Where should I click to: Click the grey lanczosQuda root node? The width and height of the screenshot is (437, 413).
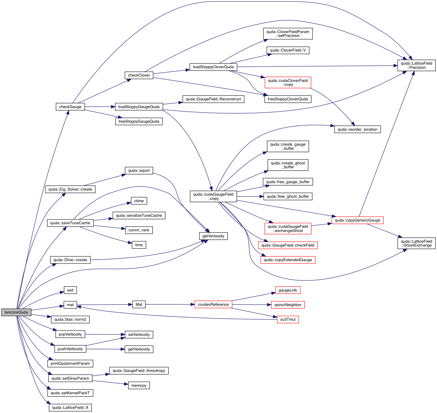tap(16, 312)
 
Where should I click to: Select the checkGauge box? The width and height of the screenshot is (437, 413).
tap(70, 107)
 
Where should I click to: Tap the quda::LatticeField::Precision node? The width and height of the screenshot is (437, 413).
tap(416, 66)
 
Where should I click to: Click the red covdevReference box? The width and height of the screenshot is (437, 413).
tap(213, 305)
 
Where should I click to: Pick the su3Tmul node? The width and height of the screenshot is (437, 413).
tap(288, 320)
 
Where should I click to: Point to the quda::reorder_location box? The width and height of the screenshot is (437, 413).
tap(357, 130)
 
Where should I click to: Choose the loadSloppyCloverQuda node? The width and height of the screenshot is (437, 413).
tap(213, 67)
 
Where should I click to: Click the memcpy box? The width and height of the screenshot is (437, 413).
tap(139, 386)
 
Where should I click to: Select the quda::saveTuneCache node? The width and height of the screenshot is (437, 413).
tap(70, 223)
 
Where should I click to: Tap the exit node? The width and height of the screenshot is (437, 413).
tap(70, 290)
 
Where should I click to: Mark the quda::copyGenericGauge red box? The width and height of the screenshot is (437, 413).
tap(357, 220)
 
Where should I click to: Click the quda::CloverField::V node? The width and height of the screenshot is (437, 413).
tap(288, 50)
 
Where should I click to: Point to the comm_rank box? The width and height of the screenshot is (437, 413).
tap(139, 230)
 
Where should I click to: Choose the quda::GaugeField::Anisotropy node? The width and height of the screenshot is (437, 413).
tap(139, 371)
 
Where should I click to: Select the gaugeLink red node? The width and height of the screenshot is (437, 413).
tap(288, 290)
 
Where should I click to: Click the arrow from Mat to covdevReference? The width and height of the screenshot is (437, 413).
tap(170, 305)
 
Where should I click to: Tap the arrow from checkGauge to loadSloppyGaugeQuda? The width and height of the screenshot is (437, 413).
tap(100, 107)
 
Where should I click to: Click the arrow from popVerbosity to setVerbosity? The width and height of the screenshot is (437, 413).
tap(104, 334)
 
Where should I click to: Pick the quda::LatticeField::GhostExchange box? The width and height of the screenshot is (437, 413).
tap(416, 243)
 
